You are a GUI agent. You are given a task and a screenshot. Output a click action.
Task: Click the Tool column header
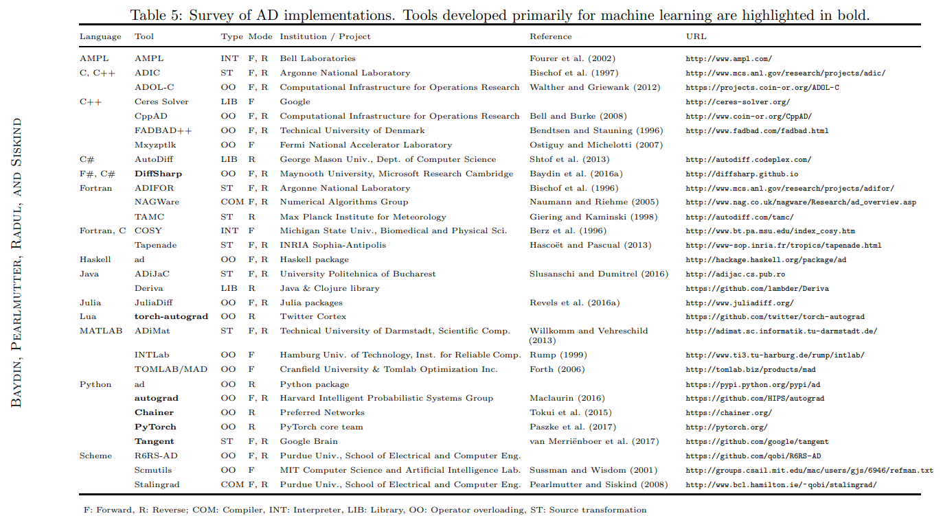(x=144, y=36)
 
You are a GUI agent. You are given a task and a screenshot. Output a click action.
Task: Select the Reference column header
(x=550, y=36)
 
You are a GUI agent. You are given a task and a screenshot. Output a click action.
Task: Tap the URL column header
(x=696, y=36)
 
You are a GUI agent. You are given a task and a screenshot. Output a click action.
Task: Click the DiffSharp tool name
(x=158, y=174)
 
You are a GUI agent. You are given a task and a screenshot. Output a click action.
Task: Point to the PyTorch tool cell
(x=155, y=427)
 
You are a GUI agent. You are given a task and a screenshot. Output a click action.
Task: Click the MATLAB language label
(x=100, y=331)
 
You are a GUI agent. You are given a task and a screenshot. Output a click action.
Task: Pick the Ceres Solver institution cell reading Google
(x=295, y=102)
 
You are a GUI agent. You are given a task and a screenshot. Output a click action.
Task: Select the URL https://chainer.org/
(x=728, y=412)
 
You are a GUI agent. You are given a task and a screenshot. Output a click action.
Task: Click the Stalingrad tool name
(x=157, y=484)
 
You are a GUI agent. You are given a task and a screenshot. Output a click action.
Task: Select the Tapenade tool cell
(x=156, y=245)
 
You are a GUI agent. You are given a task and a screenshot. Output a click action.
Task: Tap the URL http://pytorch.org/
(x=726, y=427)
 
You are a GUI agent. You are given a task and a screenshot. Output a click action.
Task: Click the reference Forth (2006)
(x=557, y=369)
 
